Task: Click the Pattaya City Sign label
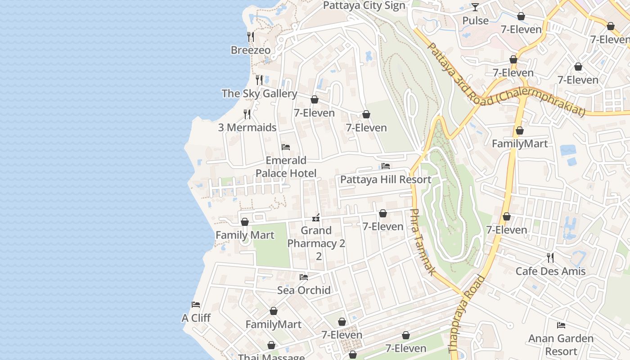click(x=364, y=5)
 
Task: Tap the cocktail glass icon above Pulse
click(x=475, y=7)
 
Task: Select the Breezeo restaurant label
click(x=251, y=50)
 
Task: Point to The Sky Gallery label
click(x=259, y=94)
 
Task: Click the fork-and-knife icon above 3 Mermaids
click(x=247, y=114)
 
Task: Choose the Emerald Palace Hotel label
click(x=286, y=167)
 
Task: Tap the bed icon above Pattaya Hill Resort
click(x=386, y=166)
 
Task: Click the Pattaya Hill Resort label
click(x=386, y=180)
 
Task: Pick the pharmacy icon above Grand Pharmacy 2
click(x=316, y=218)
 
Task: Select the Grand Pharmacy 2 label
click(x=316, y=243)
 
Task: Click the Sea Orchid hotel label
click(x=304, y=290)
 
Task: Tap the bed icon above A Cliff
click(x=196, y=305)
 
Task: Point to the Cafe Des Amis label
click(x=550, y=271)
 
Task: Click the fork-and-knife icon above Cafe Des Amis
click(x=550, y=257)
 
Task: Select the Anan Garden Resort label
click(x=561, y=345)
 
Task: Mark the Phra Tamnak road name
click(x=423, y=242)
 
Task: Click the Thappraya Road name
click(x=467, y=314)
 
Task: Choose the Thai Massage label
click(x=271, y=357)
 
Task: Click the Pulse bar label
click(x=475, y=21)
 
